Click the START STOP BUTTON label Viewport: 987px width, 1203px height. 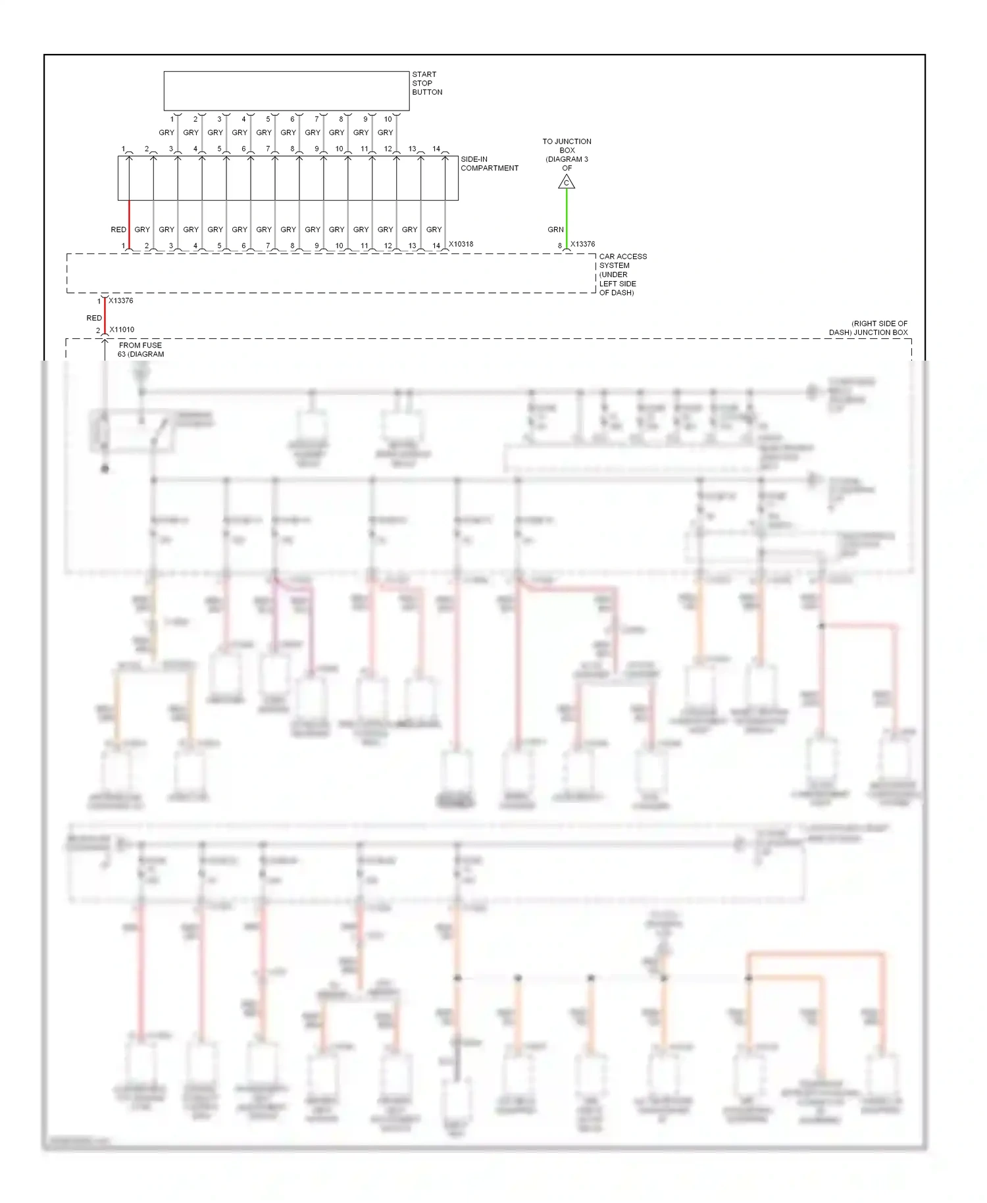(427, 84)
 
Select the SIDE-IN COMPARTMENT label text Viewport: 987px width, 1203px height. (489, 164)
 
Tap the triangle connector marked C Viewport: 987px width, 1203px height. (567, 182)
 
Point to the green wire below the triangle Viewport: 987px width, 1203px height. (567, 217)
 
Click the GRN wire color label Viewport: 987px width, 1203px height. (555, 230)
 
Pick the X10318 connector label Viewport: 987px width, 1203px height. (461, 244)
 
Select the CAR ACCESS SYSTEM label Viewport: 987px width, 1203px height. (622, 274)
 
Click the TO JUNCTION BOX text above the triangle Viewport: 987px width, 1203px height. (567, 155)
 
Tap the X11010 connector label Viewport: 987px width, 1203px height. (122, 330)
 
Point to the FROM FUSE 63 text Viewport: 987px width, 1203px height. (141, 349)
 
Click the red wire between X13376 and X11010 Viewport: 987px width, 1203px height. (105, 317)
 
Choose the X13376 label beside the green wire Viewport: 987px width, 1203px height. (582, 244)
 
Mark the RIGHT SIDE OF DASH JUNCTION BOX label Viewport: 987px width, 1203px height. (868, 328)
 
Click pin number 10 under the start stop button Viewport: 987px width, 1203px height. (388, 119)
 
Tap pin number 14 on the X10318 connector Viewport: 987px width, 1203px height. (436, 246)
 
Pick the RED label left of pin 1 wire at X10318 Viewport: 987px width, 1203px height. (118, 230)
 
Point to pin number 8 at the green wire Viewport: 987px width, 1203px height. (560, 246)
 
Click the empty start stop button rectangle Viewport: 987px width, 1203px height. (286, 91)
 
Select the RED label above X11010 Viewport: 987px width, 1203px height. (94, 318)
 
